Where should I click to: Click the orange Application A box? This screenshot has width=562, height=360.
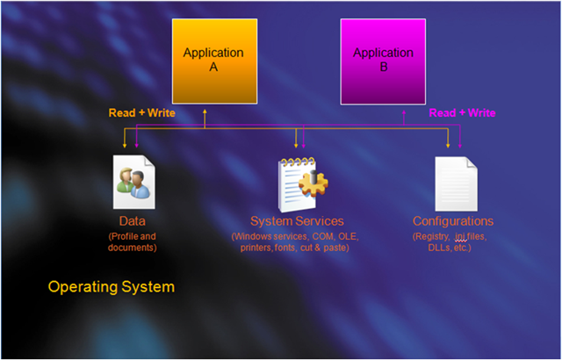[214, 61]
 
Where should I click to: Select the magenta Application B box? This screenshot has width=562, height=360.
[383, 61]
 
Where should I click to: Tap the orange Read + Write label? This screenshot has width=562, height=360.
[142, 113]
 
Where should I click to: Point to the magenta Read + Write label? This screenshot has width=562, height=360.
[463, 113]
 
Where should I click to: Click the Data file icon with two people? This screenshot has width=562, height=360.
[134, 182]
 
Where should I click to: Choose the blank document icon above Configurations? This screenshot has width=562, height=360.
[457, 184]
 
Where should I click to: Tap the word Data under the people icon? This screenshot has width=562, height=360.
[133, 221]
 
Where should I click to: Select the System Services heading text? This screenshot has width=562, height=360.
[297, 221]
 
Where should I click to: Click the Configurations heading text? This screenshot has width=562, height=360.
[453, 221]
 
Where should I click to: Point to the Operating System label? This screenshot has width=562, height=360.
[112, 287]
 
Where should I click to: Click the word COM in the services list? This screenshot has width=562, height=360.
[322, 236]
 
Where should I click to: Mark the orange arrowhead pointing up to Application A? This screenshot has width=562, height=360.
[205, 112]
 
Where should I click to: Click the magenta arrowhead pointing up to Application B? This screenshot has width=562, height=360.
[404, 112]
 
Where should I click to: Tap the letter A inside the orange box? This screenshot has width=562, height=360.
[213, 67]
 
